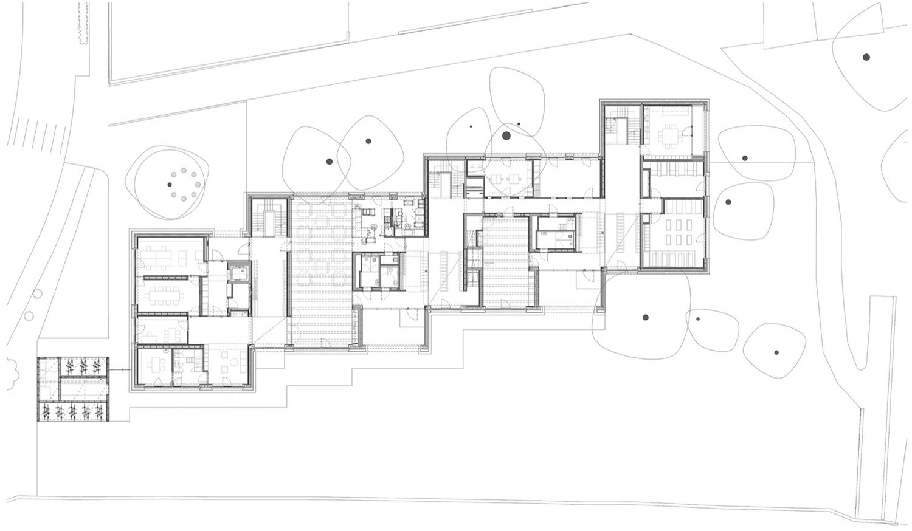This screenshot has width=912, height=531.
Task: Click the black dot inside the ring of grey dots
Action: pos(170,185)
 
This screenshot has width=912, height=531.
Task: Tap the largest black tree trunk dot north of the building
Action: pos(506,135)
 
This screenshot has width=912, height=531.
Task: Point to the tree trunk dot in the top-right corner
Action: pos(866,57)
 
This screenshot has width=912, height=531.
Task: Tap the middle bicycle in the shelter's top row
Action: pos(83,367)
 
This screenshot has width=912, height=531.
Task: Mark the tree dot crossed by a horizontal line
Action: pos(744,159)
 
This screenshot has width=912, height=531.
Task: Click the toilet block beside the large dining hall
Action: pos(376,272)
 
